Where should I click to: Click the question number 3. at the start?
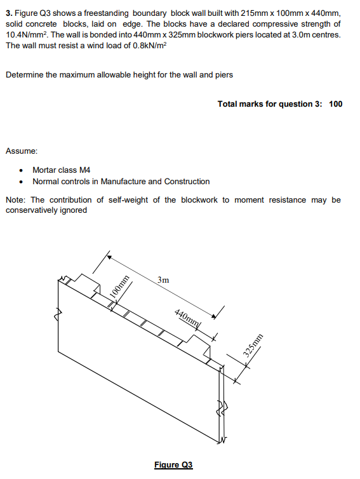(8, 13)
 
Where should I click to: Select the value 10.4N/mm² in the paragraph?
(27, 34)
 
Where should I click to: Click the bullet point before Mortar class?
(23, 170)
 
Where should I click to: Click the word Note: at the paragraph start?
(16, 200)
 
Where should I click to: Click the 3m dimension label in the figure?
(163, 279)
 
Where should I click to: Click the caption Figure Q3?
(173, 464)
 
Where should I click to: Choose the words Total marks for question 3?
(270, 104)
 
